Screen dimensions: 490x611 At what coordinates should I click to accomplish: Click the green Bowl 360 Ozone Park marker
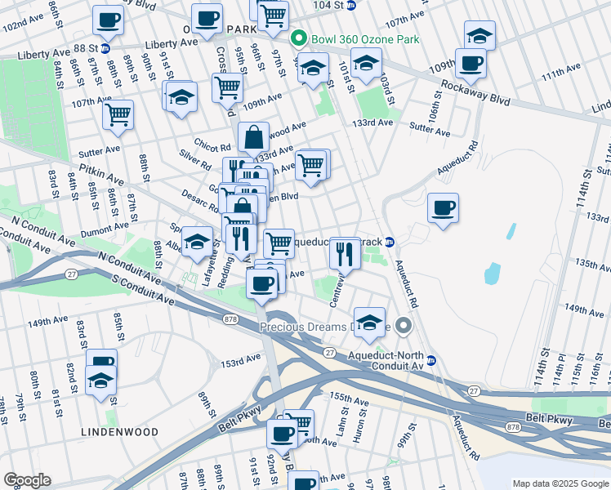(299, 38)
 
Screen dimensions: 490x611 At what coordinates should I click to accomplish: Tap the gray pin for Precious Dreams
(404, 327)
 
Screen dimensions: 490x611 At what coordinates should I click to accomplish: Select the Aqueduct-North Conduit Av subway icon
(431, 360)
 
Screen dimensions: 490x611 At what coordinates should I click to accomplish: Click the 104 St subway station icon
(350, 5)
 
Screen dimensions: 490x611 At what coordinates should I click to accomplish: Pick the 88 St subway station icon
(105, 48)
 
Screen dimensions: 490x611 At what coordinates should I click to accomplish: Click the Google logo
(27, 480)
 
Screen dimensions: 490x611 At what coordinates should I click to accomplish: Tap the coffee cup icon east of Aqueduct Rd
(443, 208)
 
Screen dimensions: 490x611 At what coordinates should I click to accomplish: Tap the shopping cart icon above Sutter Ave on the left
(118, 114)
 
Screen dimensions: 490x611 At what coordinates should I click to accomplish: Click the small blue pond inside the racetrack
(492, 273)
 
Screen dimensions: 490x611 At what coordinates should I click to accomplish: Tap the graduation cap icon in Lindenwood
(101, 381)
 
